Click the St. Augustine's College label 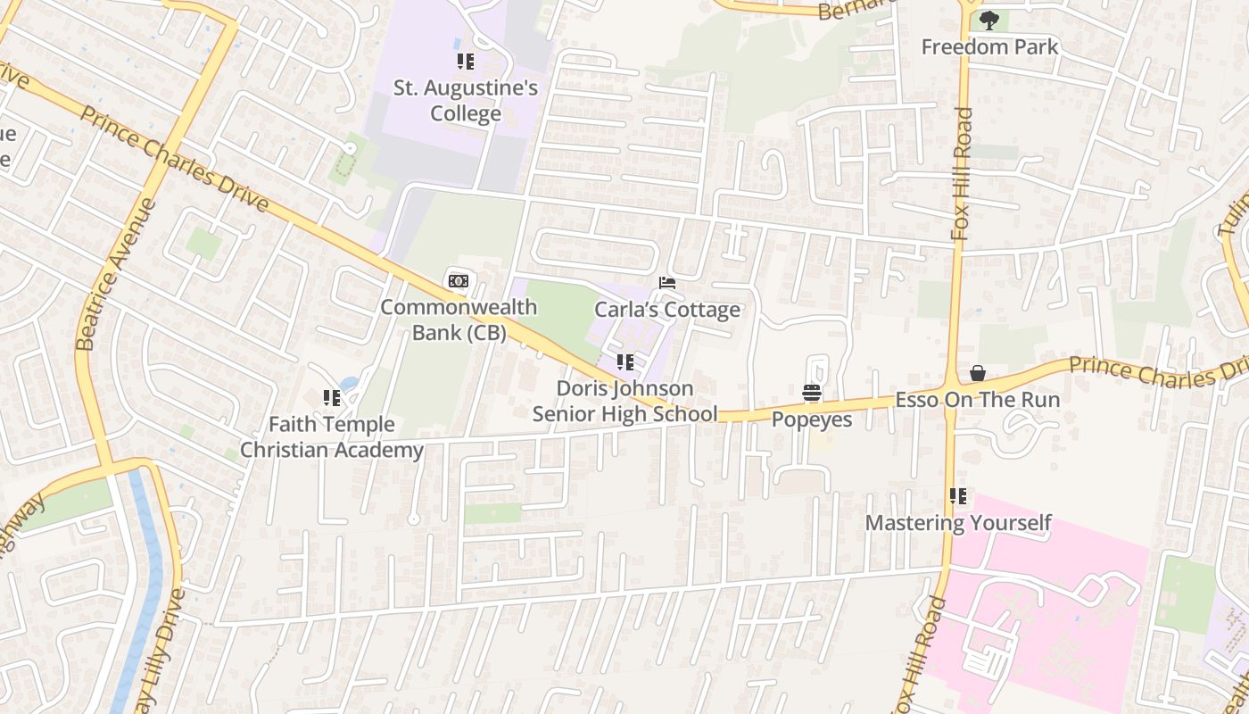466,101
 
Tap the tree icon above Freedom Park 988,20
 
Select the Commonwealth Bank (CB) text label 459,320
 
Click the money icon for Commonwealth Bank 459,282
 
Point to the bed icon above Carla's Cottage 666,283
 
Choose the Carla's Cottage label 667,310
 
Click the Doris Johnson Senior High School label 624,402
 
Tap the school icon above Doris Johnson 625,362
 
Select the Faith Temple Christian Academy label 332,437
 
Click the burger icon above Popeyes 811,393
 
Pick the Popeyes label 812,419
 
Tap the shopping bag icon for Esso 978,373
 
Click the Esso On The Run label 978,399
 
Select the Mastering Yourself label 958,522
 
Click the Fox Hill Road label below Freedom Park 962,174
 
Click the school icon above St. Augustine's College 466,62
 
